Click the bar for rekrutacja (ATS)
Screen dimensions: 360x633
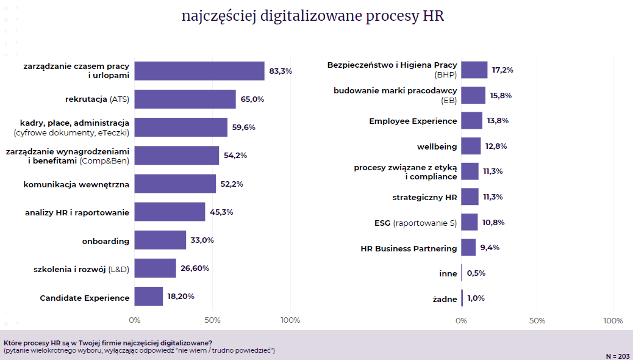(x=185, y=99)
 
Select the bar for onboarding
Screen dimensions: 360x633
(x=160, y=240)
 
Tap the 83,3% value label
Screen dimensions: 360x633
(x=281, y=71)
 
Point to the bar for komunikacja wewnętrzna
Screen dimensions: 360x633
(x=175, y=184)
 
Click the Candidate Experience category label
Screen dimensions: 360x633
(x=85, y=298)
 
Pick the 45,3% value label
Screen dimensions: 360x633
(x=222, y=212)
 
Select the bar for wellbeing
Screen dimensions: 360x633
(x=471, y=146)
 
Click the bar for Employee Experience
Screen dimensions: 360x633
(x=471, y=120)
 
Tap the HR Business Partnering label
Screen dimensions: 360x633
(x=409, y=248)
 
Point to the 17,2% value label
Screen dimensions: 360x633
(x=502, y=70)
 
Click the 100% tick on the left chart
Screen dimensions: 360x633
(x=290, y=320)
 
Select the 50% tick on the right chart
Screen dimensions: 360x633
(x=537, y=320)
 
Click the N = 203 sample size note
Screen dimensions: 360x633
(x=618, y=356)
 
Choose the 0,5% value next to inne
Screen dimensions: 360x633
(x=476, y=273)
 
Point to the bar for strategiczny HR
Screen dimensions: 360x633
(x=470, y=196)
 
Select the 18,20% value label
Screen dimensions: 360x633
(x=181, y=296)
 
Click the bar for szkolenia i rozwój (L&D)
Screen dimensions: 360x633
(x=155, y=268)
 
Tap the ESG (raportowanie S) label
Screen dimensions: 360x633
(x=415, y=223)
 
